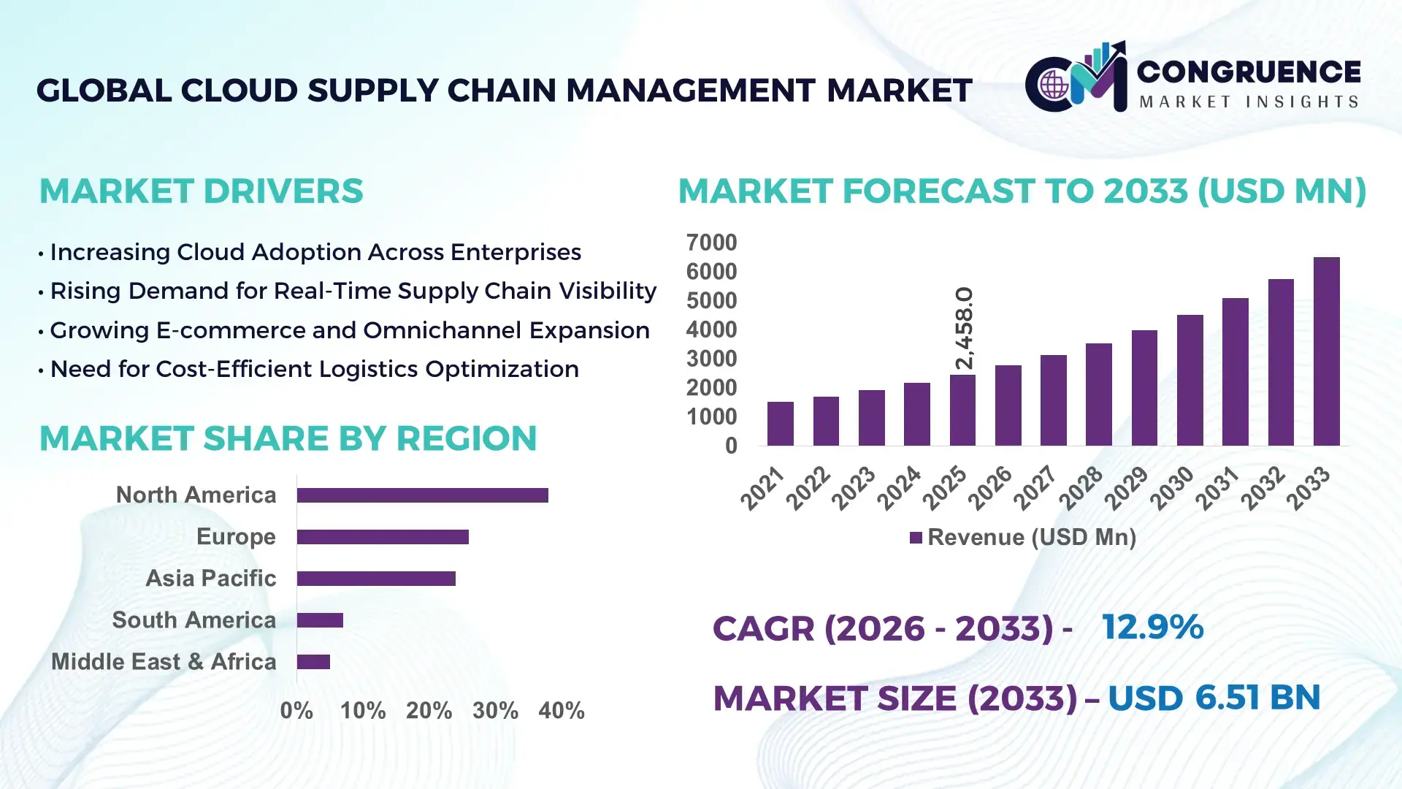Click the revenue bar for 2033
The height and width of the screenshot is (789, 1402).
[1326, 351]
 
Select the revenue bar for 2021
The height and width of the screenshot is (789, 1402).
[780, 424]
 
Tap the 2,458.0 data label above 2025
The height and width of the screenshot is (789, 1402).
[964, 328]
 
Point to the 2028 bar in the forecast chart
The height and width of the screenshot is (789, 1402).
[1098, 394]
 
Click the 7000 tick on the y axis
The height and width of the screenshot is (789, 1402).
[711, 243]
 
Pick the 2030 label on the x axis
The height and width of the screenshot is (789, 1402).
[1171, 488]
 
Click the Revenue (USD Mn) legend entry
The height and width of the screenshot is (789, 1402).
[1022, 538]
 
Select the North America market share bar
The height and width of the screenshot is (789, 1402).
[422, 495]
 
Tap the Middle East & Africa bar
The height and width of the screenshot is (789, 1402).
[313, 662]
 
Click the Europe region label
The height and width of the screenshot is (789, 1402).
[236, 537]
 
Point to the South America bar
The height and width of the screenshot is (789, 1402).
[320, 620]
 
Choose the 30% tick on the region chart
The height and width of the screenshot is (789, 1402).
[495, 711]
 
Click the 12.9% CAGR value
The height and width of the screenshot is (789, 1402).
[1152, 628]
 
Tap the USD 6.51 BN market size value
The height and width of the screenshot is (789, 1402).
[1214, 698]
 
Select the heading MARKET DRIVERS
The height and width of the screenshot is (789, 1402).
[201, 191]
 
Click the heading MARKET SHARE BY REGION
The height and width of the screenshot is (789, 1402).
[288, 439]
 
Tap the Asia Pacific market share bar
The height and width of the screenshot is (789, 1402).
[376, 579]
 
